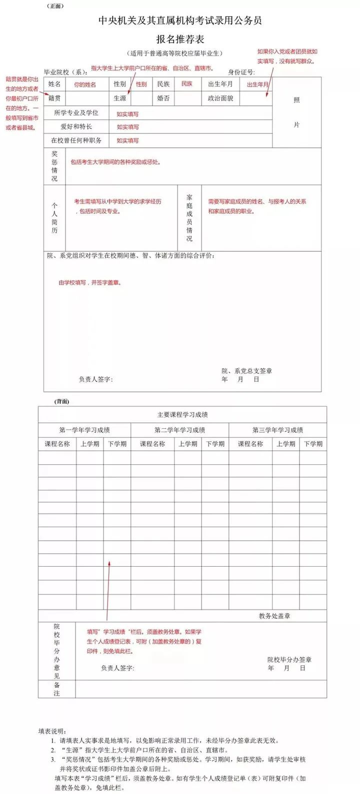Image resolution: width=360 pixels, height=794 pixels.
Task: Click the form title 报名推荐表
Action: (x=180, y=39)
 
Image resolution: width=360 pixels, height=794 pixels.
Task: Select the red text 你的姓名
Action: (x=85, y=84)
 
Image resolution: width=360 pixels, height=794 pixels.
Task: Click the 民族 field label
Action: (x=163, y=84)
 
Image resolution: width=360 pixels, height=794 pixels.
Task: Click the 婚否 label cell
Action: (x=163, y=98)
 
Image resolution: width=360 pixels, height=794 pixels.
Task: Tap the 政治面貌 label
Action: (x=220, y=98)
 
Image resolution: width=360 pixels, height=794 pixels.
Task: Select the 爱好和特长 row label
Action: (x=76, y=127)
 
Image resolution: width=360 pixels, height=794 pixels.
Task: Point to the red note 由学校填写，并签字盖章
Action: (x=90, y=283)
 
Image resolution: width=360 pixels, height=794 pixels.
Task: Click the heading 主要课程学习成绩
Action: (x=182, y=415)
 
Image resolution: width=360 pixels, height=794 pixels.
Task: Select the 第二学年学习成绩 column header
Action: (x=179, y=430)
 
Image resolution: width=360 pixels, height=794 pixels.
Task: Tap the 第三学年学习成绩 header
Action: (x=277, y=430)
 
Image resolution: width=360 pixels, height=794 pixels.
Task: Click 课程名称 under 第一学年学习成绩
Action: (x=57, y=444)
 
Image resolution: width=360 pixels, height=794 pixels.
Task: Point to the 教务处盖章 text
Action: (x=274, y=616)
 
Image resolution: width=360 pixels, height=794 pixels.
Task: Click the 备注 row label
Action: (x=57, y=689)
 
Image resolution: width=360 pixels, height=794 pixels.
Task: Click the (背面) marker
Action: (x=62, y=401)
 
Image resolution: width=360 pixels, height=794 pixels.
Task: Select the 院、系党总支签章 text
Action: (x=247, y=371)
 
